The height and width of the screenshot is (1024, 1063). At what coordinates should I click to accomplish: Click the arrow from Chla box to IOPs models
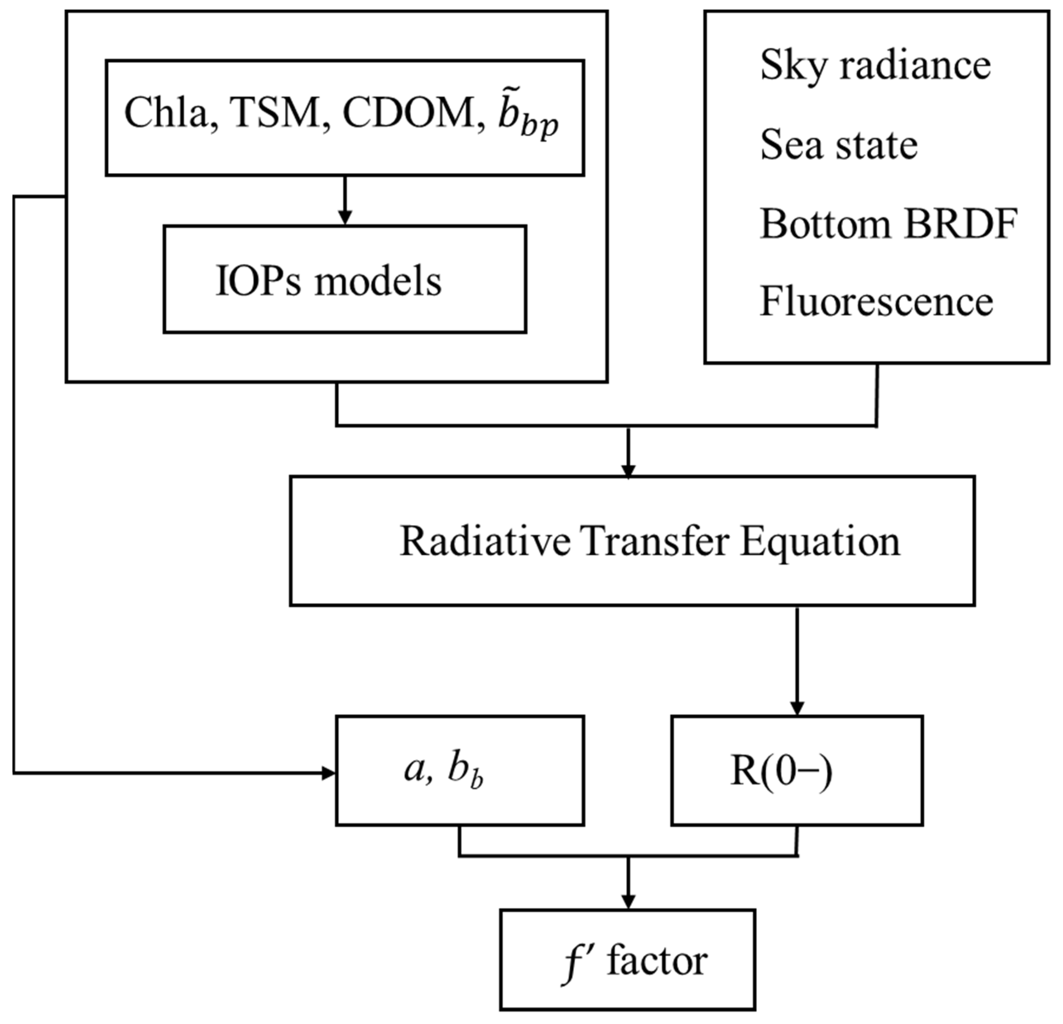click(x=345, y=201)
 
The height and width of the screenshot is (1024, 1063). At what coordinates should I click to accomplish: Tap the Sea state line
click(x=838, y=145)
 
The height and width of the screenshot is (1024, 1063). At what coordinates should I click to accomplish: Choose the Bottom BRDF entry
click(x=888, y=224)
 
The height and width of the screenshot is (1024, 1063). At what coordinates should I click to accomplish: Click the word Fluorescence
click(x=876, y=302)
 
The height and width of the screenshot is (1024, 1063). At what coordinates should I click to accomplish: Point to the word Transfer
click(x=655, y=541)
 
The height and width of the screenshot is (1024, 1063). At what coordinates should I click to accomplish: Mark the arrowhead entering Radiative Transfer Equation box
click(x=628, y=470)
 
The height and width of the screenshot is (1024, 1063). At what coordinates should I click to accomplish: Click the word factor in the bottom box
click(x=657, y=962)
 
